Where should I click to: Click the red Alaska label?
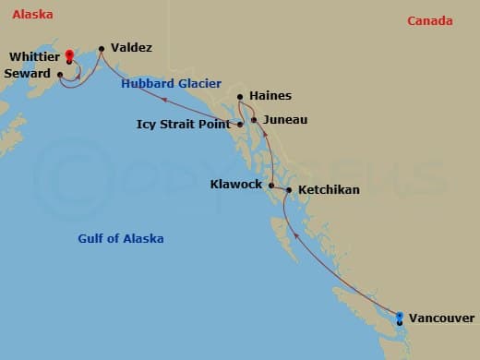click(x=32, y=15)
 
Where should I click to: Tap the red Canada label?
click(x=430, y=20)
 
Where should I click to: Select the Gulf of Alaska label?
click(x=121, y=238)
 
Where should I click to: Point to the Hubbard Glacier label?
click(x=172, y=84)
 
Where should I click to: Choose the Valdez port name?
click(x=131, y=47)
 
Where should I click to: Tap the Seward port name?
click(x=27, y=74)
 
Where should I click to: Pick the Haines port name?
click(x=270, y=96)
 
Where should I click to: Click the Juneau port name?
click(x=284, y=120)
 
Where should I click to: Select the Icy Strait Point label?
click(x=183, y=124)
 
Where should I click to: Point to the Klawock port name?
click(x=236, y=185)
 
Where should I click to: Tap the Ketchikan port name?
click(x=329, y=190)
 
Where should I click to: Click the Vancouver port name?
click(x=442, y=317)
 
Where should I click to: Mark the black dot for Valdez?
click(x=101, y=47)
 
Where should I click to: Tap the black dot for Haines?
click(x=240, y=97)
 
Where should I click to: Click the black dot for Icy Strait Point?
click(x=240, y=124)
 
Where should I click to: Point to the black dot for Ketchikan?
click(x=289, y=190)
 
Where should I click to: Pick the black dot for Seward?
click(x=60, y=74)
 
